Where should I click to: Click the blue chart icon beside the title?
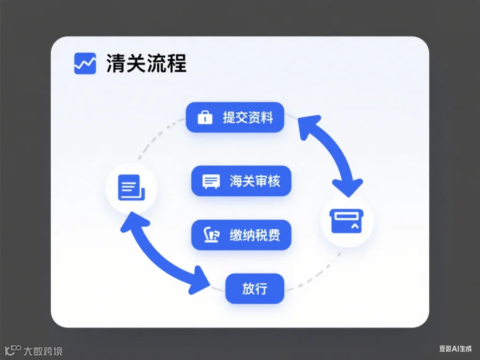[x=85, y=63]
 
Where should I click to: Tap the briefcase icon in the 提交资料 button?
[x=205, y=117]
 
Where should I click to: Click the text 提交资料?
[x=248, y=117]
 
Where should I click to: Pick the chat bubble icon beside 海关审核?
[x=211, y=181]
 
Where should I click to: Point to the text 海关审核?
[x=255, y=181]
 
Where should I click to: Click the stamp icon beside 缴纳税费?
[x=212, y=235]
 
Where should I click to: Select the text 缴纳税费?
[x=255, y=235]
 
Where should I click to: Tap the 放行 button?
[x=254, y=289]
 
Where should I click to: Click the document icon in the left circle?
[x=132, y=188]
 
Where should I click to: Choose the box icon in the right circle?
[x=347, y=221]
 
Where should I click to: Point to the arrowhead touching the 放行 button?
[x=202, y=281]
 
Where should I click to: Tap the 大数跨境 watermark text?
[x=43, y=351]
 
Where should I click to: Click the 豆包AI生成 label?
[x=455, y=348]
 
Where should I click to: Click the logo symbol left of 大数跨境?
[x=13, y=350]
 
